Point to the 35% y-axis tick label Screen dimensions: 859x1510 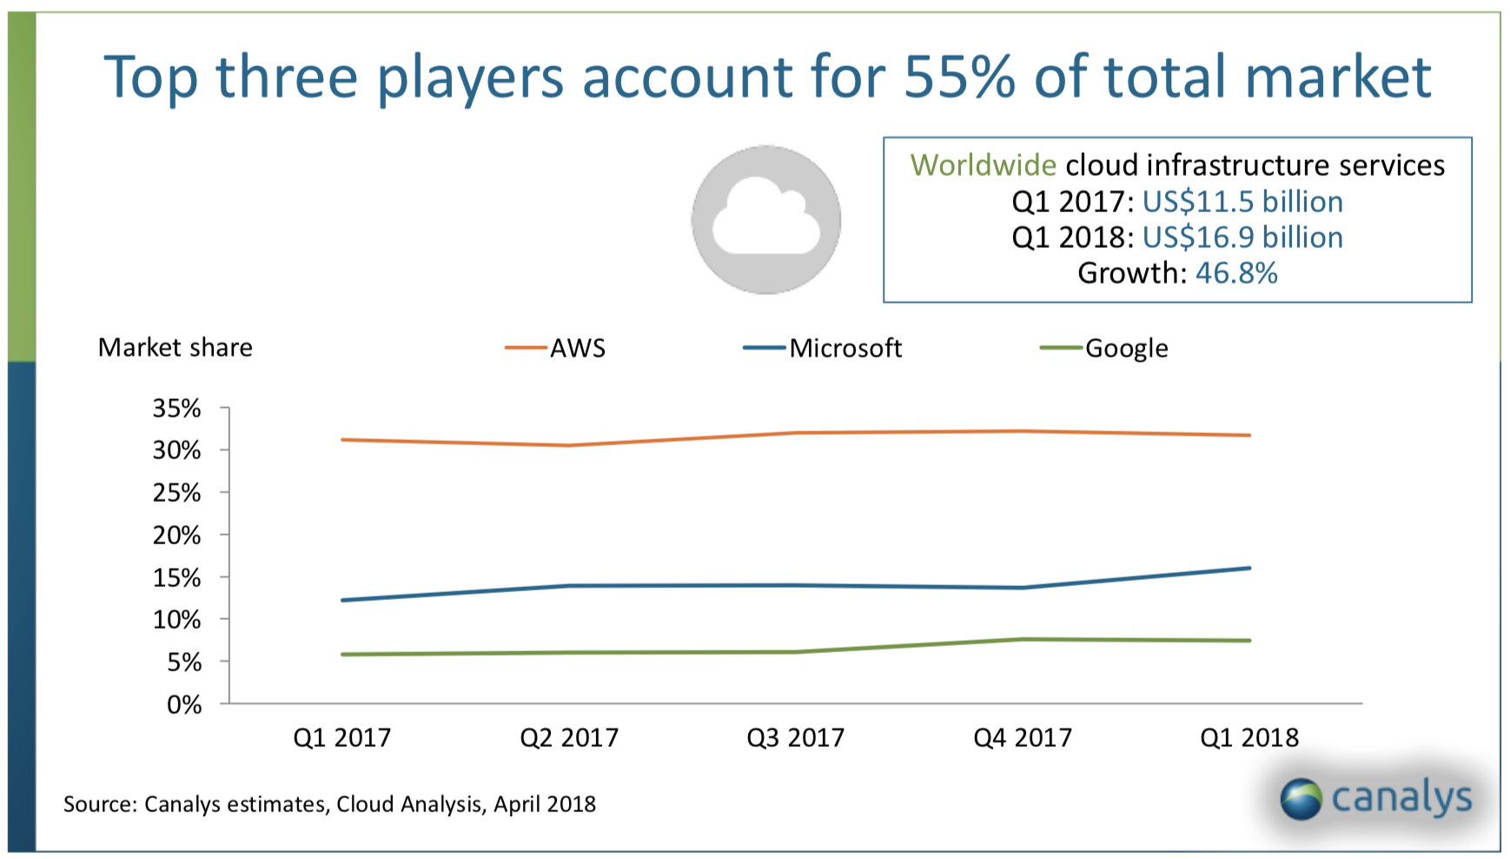[177, 408]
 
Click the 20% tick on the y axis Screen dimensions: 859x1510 [177, 535]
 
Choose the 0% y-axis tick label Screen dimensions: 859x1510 [184, 704]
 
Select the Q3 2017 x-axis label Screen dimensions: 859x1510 [795, 737]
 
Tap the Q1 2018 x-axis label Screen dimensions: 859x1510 [1248, 737]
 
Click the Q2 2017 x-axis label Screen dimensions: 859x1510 [569, 737]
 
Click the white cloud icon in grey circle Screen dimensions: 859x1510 [765, 220]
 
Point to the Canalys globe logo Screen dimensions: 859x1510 [1301, 799]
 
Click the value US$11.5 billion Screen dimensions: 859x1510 [1242, 202]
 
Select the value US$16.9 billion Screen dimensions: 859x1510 [1242, 237]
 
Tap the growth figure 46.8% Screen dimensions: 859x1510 [1236, 273]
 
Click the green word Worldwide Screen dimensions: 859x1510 [983, 165]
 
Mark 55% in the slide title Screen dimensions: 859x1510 [959, 77]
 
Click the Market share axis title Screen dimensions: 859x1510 [176, 348]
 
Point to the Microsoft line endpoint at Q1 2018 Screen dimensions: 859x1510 [1249, 569]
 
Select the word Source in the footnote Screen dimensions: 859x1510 [99, 804]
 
